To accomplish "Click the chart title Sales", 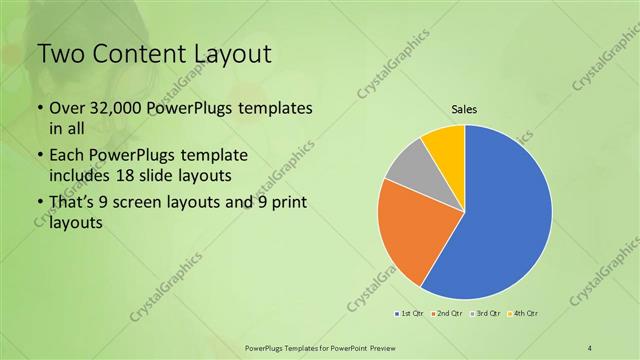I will point(464,109).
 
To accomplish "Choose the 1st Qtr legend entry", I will point(409,314).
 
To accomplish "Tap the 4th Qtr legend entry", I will point(523,314).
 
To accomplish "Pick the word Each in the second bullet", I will point(67,157).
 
